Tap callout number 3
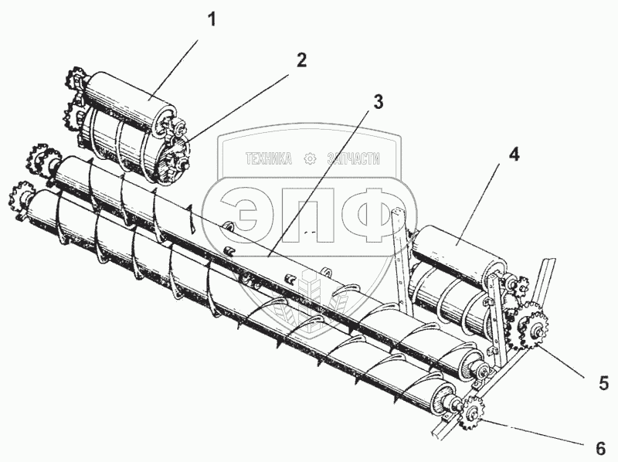(x=377, y=101)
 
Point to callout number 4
(x=513, y=153)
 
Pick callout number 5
(x=604, y=382)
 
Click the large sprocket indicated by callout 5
(x=531, y=327)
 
